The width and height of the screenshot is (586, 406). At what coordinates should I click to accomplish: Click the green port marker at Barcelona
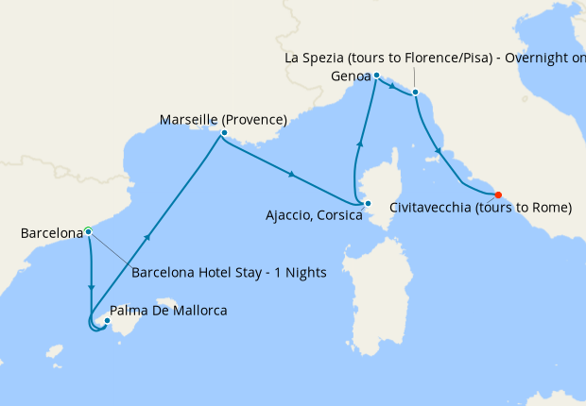(x=88, y=230)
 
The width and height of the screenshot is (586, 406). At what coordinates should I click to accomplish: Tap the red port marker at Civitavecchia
(x=498, y=196)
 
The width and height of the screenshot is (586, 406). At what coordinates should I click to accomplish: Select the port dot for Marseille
(x=223, y=133)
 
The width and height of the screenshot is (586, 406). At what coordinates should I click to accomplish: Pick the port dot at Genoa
(x=376, y=75)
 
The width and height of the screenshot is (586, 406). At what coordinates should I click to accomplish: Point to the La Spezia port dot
(x=415, y=92)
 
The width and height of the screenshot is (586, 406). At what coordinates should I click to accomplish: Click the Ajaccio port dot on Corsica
(x=368, y=203)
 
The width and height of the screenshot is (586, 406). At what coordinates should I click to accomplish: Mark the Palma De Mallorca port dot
(x=108, y=321)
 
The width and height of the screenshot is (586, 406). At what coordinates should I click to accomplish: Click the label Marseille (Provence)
(x=223, y=120)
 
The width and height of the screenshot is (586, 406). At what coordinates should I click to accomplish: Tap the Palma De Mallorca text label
(x=168, y=310)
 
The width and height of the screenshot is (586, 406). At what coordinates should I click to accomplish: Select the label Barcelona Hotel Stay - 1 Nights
(x=229, y=273)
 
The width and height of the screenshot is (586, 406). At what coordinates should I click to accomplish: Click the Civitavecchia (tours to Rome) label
(x=480, y=208)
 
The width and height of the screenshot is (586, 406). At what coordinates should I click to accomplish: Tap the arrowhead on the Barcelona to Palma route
(x=91, y=287)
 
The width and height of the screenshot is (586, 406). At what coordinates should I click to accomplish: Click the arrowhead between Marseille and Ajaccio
(x=293, y=175)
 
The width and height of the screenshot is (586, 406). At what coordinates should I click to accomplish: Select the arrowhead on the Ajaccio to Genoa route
(x=359, y=143)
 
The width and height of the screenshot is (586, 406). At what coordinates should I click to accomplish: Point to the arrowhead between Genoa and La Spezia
(x=391, y=85)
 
